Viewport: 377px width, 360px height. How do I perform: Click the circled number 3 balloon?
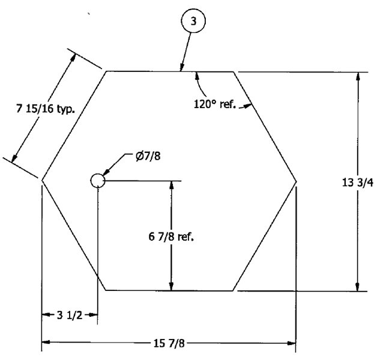(193, 21)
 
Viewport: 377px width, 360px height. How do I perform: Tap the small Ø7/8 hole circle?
(98, 181)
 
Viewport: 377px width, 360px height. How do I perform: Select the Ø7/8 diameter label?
(148, 156)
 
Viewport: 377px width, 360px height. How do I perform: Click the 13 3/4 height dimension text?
(358, 182)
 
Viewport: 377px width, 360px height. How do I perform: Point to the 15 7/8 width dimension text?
(169, 343)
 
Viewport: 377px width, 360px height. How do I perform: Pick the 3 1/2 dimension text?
(70, 315)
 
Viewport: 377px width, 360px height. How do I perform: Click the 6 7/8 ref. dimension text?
(171, 237)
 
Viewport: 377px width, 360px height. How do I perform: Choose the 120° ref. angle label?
(215, 104)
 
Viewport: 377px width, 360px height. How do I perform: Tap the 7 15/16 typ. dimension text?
(46, 109)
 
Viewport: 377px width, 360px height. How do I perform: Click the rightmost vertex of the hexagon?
(296, 181)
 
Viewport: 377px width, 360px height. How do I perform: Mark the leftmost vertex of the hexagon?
(42, 180)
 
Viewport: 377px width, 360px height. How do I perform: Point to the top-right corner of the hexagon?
(233, 71)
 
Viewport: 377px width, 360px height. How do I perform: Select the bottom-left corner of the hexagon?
(106, 290)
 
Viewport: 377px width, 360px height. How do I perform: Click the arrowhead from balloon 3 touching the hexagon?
(182, 67)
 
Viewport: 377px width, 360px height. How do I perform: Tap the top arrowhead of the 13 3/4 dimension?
(358, 76)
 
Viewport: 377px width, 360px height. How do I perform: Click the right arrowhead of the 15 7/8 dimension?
(291, 343)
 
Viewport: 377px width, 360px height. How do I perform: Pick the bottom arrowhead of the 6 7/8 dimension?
(171, 286)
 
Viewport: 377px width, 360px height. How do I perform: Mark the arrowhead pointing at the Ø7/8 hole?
(106, 173)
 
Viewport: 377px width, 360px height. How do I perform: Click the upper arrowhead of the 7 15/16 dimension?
(73, 58)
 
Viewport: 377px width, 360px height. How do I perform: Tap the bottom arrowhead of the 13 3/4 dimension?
(358, 287)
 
